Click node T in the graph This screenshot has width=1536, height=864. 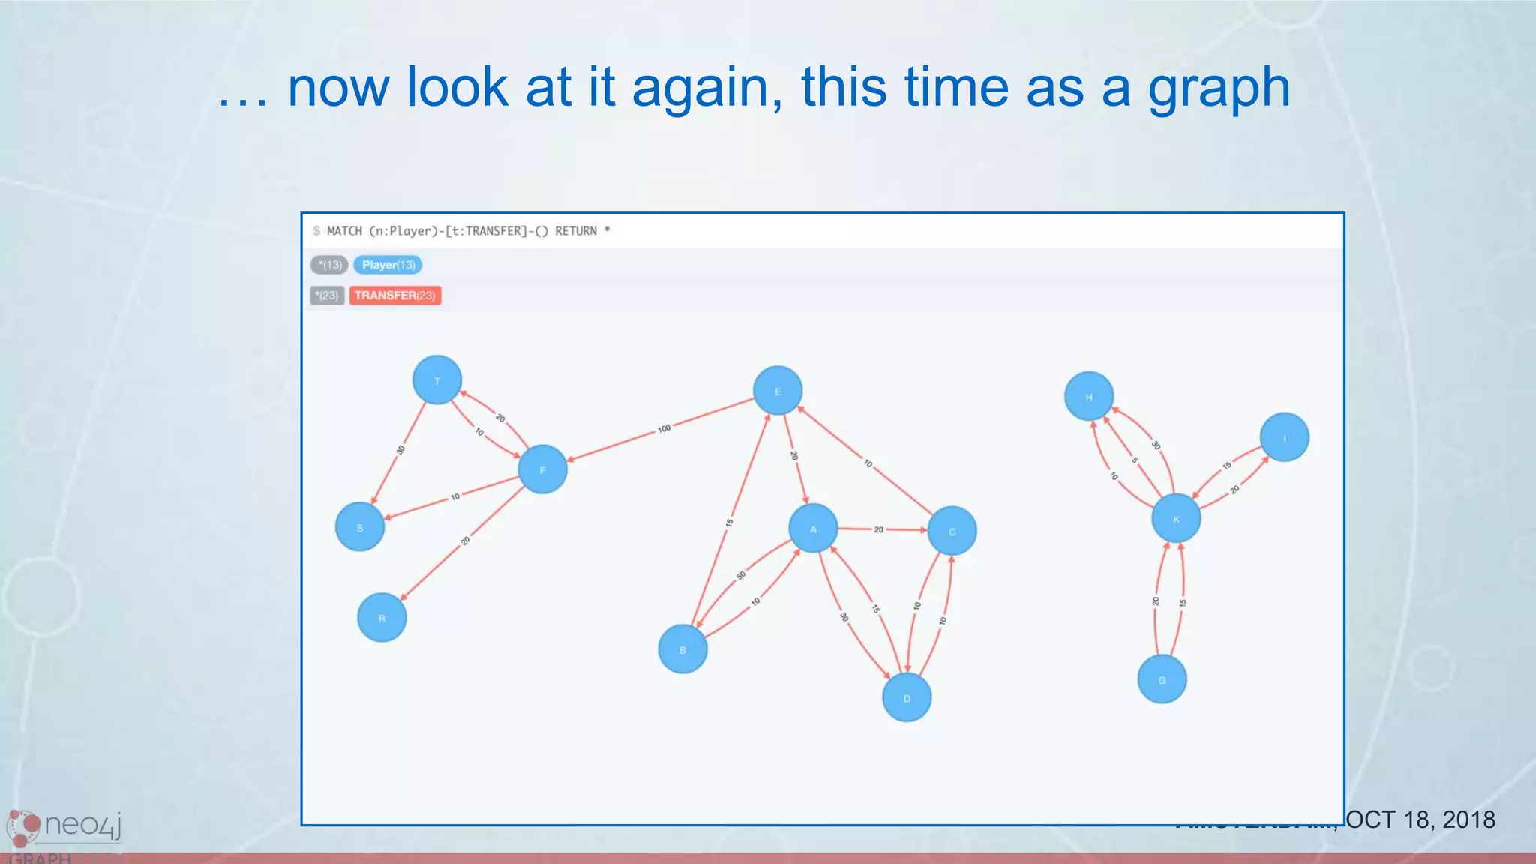pyautogui.click(x=437, y=380)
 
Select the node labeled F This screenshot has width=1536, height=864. pyautogui.click(x=542, y=469)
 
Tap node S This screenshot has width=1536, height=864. pyautogui.click(x=360, y=527)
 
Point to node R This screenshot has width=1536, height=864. pyautogui.click(x=382, y=618)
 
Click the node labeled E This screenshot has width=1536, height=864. pyautogui.click(x=778, y=391)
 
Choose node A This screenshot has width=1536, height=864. pyautogui.click(x=813, y=529)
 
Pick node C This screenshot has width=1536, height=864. pyautogui.click(x=952, y=531)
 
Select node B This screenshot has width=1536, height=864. pyautogui.click(x=682, y=649)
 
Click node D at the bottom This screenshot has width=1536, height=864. pyautogui.click(x=907, y=697)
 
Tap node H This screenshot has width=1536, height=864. pyautogui.click(x=1089, y=396)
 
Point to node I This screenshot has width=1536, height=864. pyautogui.click(x=1285, y=437)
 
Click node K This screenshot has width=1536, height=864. pyautogui.click(x=1176, y=518)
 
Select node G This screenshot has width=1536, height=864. pyautogui.click(x=1162, y=679)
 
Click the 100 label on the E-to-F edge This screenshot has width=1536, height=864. pyautogui.click(x=664, y=429)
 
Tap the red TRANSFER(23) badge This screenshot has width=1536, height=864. pyautogui.click(x=394, y=295)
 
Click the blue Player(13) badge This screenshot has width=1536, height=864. pyautogui.click(x=388, y=265)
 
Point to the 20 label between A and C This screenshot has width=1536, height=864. pyautogui.click(x=879, y=529)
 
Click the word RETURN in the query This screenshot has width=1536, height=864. pyautogui.click(x=576, y=231)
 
